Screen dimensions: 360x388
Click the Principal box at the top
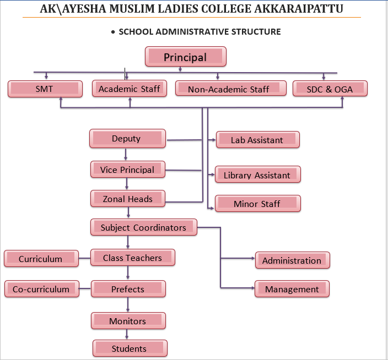click(x=185, y=57)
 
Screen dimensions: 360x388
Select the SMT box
click(x=45, y=89)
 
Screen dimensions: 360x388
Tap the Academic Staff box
click(x=130, y=89)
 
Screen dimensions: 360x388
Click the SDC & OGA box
click(x=330, y=89)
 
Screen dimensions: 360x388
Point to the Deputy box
click(x=127, y=139)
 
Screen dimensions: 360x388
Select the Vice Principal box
click(x=127, y=170)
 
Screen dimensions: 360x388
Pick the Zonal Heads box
click(x=127, y=199)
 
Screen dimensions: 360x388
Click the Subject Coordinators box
click(x=143, y=227)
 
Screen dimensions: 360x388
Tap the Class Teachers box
click(x=132, y=258)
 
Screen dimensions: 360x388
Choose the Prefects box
click(x=128, y=289)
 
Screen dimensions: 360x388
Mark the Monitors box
click(x=128, y=321)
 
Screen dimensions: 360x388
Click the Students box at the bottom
click(x=129, y=348)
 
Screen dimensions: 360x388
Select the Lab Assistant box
click(x=257, y=140)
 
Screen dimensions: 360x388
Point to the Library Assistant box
click(x=257, y=175)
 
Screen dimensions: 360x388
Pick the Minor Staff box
click(x=257, y=204)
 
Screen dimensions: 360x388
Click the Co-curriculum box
click(x=41, y=289)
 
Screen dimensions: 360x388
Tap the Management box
click(x=292, y=289)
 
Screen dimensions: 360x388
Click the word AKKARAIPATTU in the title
click(x=298, y=9)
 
